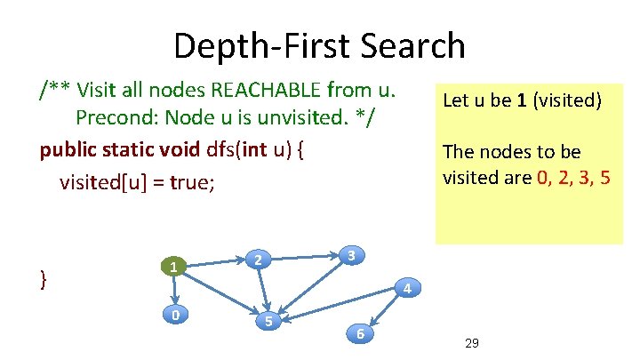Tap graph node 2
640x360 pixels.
(257, 260)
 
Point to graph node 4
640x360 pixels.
(405, 289)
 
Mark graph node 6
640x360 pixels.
(360, 333)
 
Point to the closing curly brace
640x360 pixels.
(44, 278)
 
